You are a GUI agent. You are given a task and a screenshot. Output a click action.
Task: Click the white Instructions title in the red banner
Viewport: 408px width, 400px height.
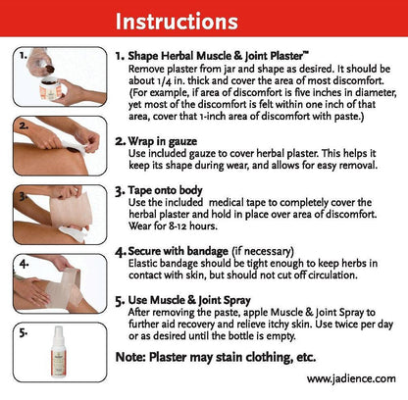click(x=177, y=22)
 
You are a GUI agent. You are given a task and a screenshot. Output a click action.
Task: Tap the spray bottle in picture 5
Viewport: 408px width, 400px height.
click(x=59, y=352)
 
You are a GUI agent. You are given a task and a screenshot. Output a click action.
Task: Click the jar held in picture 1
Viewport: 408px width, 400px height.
click(x=51, y=88)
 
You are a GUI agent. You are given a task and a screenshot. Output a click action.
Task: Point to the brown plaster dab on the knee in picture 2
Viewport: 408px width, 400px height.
click(x=73, y=150)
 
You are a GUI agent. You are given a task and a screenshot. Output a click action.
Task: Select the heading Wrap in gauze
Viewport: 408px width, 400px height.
click(x=163, y=141)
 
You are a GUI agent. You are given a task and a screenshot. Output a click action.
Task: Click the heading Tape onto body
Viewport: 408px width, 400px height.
click(x=165, y=190)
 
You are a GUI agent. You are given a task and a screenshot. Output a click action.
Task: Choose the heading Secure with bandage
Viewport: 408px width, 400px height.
click(x=178, y=251)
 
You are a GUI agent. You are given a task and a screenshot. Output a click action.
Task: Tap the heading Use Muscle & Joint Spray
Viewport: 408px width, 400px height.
click(x=189, y=300)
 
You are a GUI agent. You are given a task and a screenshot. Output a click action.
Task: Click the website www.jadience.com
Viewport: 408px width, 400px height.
click(x=351, y=378)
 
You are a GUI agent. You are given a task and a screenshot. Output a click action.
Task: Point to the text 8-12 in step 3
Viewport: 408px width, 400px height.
click(x=178, y=225)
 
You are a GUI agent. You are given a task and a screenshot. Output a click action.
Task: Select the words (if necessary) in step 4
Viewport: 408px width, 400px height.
click(x=263, y=251)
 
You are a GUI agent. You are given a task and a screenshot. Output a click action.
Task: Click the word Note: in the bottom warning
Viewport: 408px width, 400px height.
click(x=130, y=357)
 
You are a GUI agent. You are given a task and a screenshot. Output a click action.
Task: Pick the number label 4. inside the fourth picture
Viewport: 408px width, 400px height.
click(x=24, y=264)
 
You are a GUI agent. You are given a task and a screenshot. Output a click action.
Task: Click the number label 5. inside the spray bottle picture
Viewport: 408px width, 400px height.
click(x=24, y=332)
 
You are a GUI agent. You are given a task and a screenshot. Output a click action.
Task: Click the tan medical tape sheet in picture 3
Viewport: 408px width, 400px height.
click(x=70, y=209)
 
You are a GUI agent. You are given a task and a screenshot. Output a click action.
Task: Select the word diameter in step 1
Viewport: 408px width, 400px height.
click(x=375, y=93)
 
